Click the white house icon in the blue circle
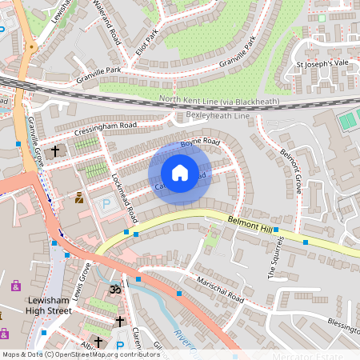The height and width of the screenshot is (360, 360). coord(180,173)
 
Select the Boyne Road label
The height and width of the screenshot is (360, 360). coord(199,142)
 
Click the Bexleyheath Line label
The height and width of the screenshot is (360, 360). coord(218,116)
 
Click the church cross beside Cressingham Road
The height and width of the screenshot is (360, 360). coord(55,150)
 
